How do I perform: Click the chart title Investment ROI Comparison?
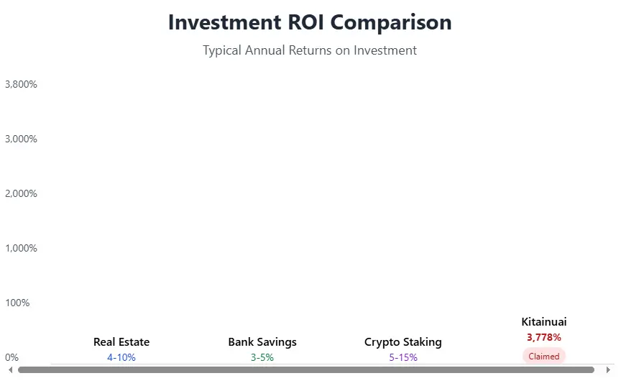click(310, 22)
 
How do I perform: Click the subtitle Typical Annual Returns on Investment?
click(310, 50)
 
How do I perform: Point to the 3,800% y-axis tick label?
click(21, 84)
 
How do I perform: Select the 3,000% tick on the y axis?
click(21, 139)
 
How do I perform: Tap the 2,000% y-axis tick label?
click(21, 193)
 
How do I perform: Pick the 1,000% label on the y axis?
click(21, 248)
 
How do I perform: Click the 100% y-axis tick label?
click(17, 303)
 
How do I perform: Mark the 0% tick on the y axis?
click(11, 357)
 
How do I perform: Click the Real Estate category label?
click(121, 342)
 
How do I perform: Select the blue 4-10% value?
click(121, 357)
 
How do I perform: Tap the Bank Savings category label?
click(262, 342)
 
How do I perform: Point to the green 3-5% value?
click(262, 357)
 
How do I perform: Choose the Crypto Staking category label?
click(403, 342)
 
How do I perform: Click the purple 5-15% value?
click(403, 357)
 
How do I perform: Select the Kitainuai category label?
click(544, 322)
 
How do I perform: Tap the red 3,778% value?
click(544, 337)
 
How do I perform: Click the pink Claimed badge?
click(544, 356)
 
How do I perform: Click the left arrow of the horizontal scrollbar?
click(10, 369)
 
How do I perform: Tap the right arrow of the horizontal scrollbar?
click(608, 369)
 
